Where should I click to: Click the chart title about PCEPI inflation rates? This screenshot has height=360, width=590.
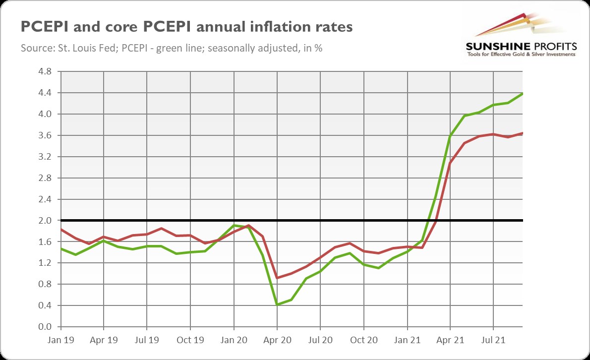[186, 27]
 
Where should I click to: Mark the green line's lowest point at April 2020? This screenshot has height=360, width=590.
[277, 304]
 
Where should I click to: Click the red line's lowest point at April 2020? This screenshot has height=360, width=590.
[277, 278]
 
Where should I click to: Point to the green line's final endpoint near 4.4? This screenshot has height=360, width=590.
[523, 93]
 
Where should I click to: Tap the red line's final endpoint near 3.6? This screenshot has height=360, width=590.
[523, 133]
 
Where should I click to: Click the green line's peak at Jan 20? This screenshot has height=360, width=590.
[234, 225]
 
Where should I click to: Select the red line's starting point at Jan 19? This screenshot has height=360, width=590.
[60, 229]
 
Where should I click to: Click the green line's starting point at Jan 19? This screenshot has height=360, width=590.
[60, 248]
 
